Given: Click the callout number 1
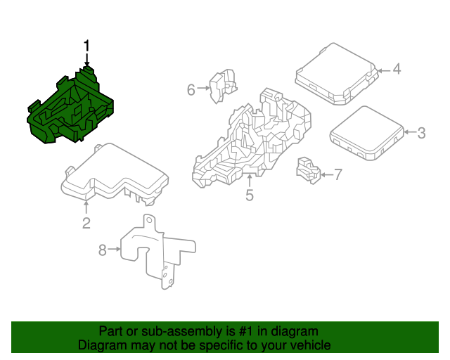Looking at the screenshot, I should [87, 46].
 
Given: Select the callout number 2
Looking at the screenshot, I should [86, 224].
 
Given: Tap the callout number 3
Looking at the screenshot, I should [421, 133].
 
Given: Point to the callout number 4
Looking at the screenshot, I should [396, 69].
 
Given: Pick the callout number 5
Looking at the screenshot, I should [250, 195].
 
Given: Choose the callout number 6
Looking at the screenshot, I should [191, 89].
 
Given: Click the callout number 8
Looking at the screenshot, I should [102, 250].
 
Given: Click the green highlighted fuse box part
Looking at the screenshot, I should [70, 109].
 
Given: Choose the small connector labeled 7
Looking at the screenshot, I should [308, 169].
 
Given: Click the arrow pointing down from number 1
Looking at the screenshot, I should [87, 62].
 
